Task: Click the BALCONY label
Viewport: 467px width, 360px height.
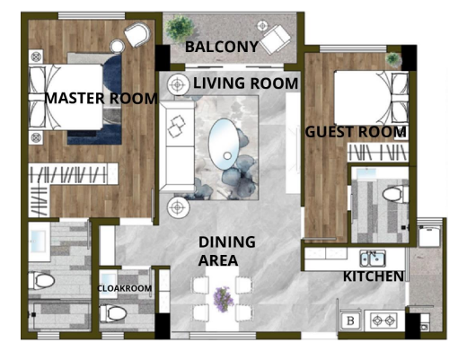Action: point(222,47)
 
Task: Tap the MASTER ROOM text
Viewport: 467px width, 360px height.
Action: point(101,99)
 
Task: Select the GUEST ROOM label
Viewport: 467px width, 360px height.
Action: point(356,132)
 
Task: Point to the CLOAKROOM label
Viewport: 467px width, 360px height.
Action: point(125,288)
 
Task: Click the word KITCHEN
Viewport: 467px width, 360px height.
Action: point(374,277)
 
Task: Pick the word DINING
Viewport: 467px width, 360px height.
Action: point(227,241)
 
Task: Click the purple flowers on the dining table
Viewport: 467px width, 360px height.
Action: point(223,299)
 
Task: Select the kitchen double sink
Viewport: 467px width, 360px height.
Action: point(373,259)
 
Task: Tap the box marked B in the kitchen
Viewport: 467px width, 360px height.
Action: point(350,321)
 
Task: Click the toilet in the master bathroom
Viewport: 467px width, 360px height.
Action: point(41,280)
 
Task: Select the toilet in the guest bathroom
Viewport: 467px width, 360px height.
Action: point(395,194)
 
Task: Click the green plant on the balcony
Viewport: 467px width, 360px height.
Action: point(180,29)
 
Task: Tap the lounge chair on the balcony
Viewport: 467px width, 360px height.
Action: point(275,39)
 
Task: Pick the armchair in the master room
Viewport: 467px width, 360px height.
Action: point(137,34)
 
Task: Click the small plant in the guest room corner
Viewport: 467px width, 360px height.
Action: point(392,59)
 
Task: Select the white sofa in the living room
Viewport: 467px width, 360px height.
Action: point(177,145)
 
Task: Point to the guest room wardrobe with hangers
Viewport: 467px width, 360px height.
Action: point(378,153)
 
